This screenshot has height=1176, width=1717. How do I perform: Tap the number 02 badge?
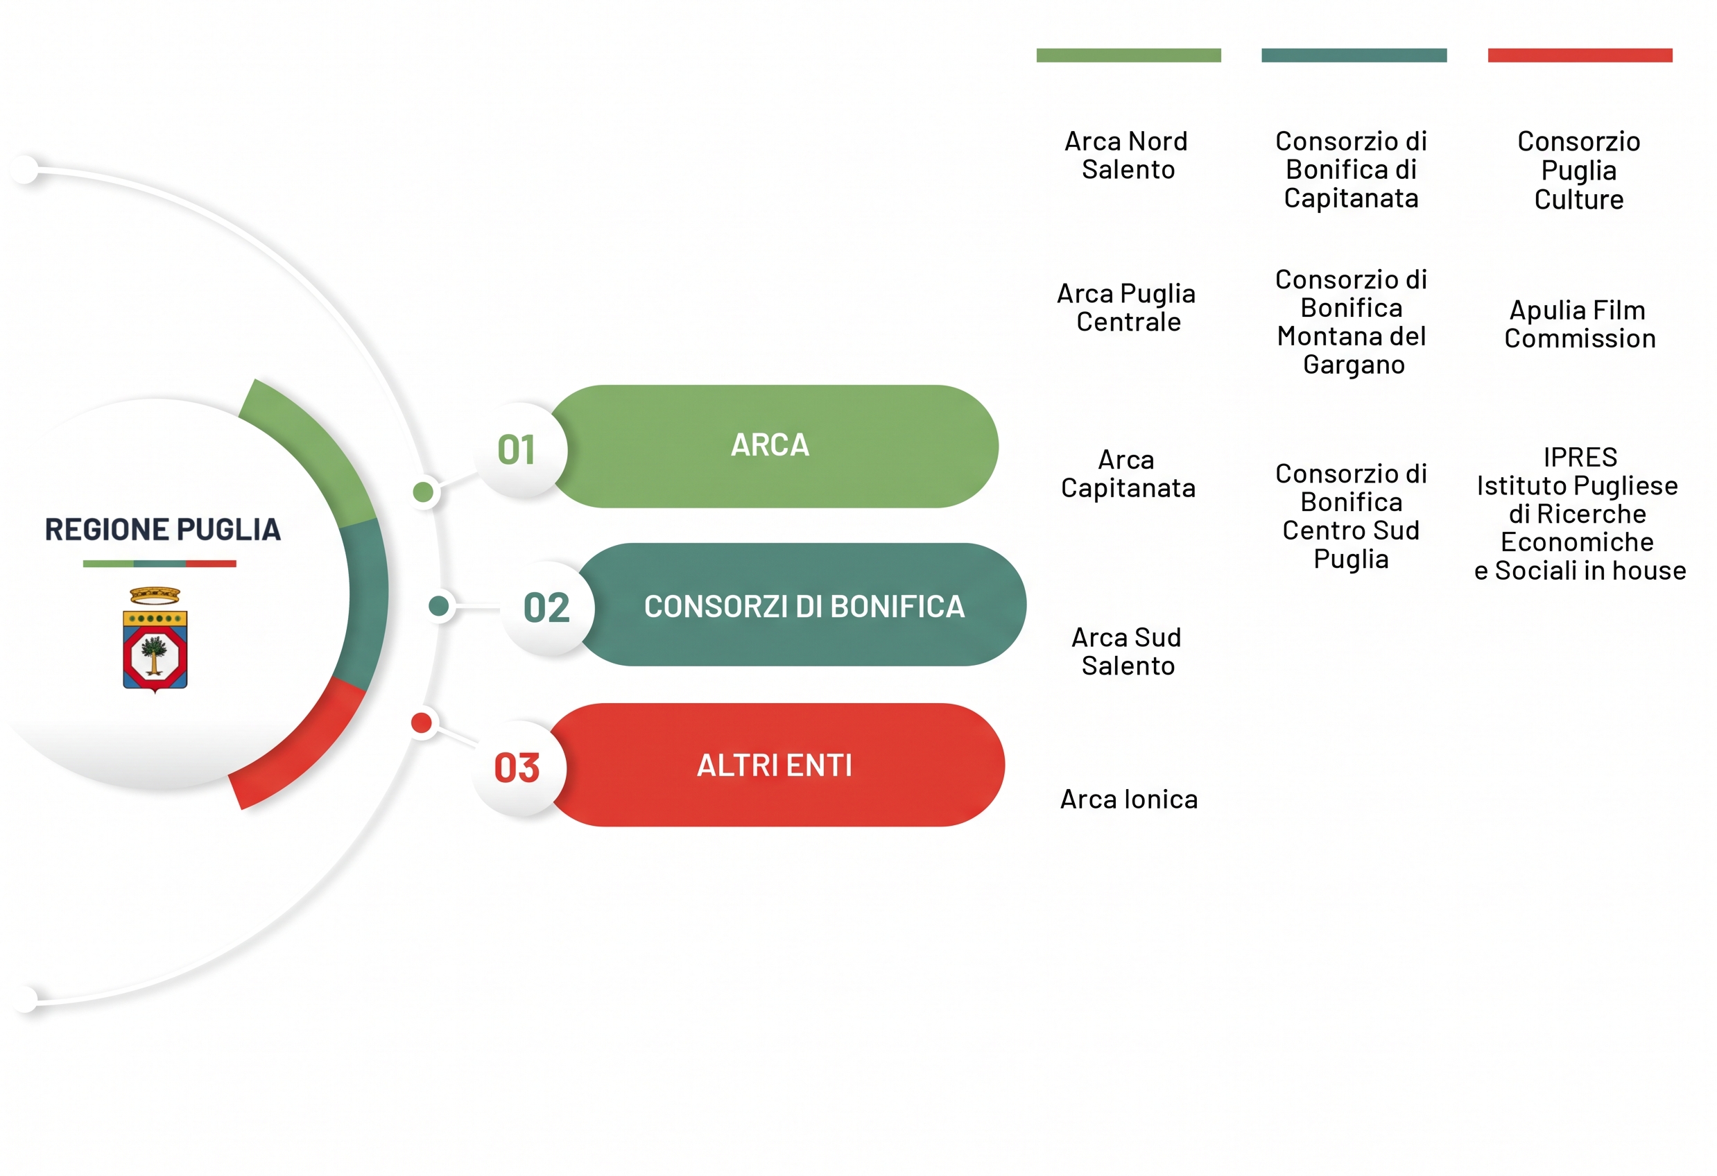[546, 607]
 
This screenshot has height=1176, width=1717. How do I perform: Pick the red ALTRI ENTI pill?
[776, 765]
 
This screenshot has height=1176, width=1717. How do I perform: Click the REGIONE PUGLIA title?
[162, 530]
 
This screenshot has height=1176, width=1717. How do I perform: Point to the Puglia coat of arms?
[155, 640]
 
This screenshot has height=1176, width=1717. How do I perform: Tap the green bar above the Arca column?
[1129, 55]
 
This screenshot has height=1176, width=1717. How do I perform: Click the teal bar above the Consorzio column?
[1354, 55]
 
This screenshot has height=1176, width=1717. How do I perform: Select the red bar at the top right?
[1580, 55]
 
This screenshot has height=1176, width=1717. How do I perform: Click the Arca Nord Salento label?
[1128, 155]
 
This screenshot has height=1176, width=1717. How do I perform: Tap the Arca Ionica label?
[1129, 799]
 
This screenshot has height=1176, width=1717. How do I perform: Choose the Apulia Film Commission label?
[1580, 324]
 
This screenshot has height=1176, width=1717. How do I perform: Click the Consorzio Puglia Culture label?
[1579, 170]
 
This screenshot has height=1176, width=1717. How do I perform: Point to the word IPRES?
[1580, 457]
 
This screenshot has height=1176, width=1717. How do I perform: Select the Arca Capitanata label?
[1128, 474]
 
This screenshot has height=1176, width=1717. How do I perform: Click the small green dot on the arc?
[423, 492]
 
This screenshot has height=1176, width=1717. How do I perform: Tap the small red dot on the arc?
[421, 723]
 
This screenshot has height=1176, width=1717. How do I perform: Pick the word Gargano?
[1354, 365]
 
